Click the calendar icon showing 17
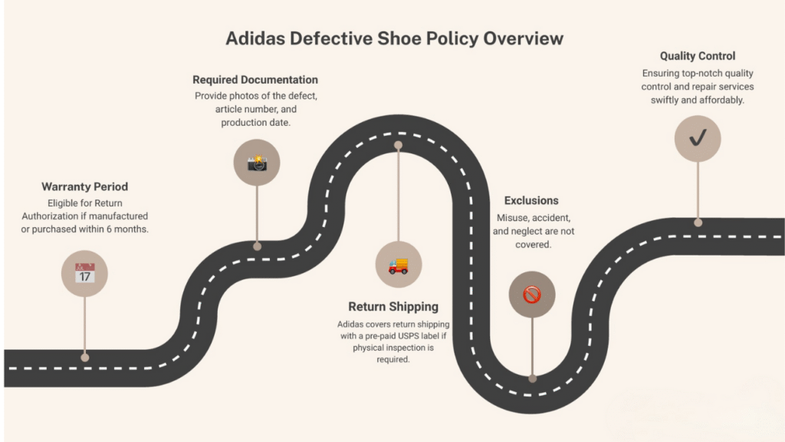84,272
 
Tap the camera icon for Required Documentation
257,162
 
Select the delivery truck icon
398,266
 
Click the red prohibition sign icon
532,295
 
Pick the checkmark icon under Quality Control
698,139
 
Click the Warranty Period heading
84,186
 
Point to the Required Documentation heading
255,80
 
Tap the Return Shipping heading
393,308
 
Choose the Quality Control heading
698,56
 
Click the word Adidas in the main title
255,38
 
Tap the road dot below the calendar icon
85,357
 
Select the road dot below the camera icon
258,246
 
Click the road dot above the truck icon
398,144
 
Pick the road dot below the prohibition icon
532,378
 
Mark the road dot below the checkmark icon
698,223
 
